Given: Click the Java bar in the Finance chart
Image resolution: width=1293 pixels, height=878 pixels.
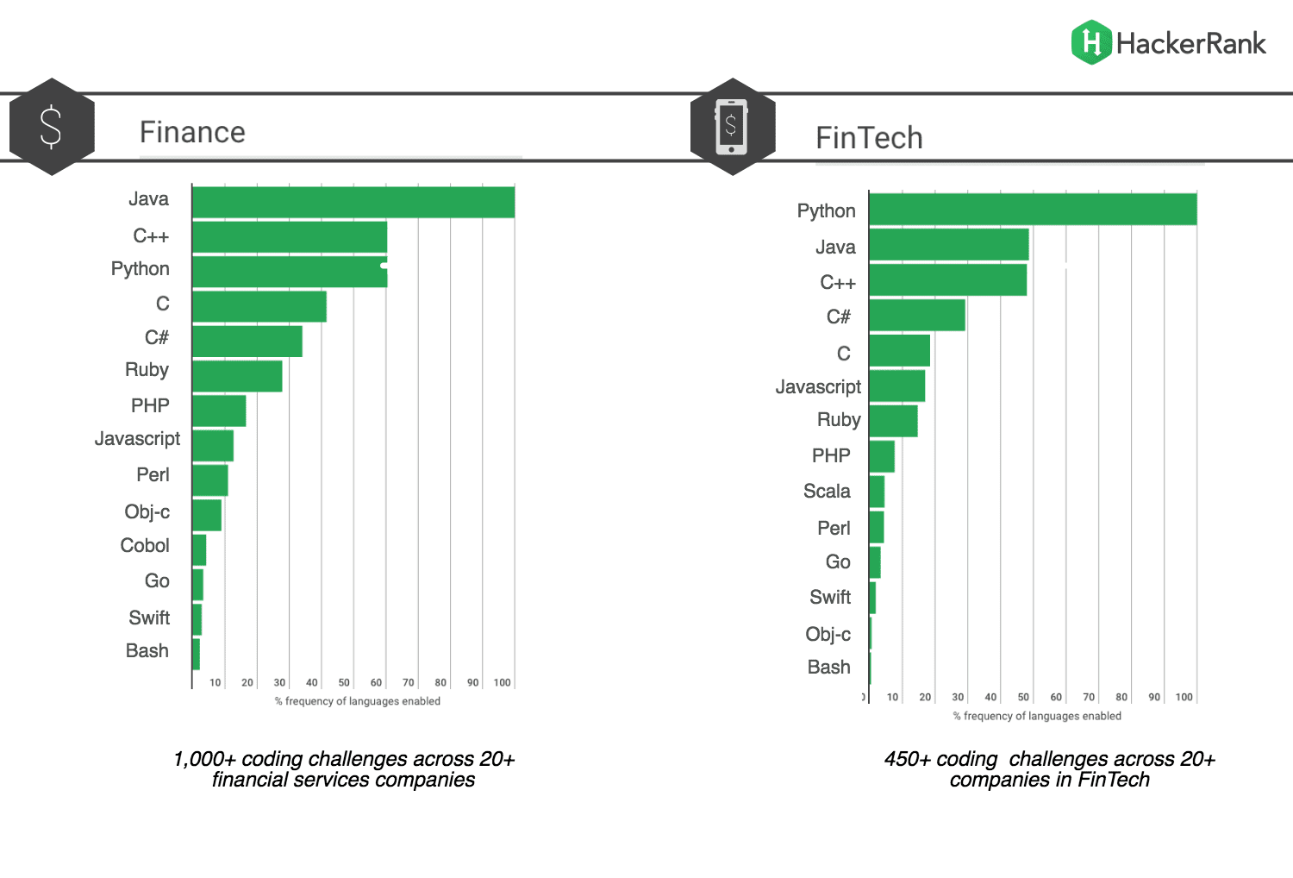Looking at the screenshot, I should (353, 203).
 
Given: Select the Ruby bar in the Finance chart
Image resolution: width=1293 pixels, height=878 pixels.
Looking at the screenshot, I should (237, 376).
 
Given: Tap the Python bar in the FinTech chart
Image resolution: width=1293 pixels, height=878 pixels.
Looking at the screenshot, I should (1033, 210).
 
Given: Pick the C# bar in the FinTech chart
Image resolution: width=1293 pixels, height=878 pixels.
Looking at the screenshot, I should (917, 316).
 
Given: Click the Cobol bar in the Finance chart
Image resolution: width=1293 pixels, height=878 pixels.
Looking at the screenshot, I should (199, 549).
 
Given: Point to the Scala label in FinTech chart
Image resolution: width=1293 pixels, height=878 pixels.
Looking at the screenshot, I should (827, 492).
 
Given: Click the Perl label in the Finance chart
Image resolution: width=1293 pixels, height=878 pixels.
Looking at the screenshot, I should (153, 475).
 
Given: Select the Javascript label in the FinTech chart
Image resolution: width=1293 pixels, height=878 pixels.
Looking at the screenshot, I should (818, 386).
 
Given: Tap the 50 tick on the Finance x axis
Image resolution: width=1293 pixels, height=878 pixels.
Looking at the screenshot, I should (344, 682).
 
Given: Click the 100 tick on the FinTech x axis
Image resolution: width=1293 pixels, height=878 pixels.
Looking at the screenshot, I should (1184, 697).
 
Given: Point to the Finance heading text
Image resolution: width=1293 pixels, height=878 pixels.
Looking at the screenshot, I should (192, 132).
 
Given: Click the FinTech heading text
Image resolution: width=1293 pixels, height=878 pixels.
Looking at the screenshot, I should (869, 138).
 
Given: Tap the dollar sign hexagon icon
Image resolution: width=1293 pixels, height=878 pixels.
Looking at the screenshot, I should (52, 127).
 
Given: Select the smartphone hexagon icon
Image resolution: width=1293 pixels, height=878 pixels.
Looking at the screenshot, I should (733, 127).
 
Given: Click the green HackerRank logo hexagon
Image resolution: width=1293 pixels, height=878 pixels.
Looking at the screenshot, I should (1091, 42).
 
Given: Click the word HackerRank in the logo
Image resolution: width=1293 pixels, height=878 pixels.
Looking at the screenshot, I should (1191, 43).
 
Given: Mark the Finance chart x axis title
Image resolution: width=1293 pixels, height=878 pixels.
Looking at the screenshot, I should (357, 701).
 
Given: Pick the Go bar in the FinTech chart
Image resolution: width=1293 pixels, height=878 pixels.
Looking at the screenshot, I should (875, 562).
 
